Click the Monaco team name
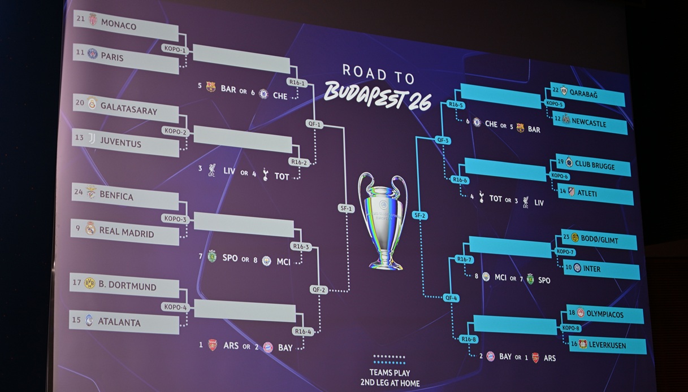click(119, 24)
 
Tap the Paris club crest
click(93, 54)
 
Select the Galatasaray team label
click(129, 108)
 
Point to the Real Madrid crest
click(90, 228)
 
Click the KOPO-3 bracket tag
click(175, 219)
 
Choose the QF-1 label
click(314, 124)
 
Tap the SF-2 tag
click(419, 215)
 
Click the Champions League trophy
click(384, 221)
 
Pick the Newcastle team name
click(589, 123)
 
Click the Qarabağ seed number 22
click(555, 90)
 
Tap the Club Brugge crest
click(569, 162)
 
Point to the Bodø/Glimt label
click(599, 239)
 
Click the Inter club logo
click(577, 268)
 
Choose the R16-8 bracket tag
click(469, 339)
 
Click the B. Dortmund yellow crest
click(90, 283)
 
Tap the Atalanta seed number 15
click(76, 320)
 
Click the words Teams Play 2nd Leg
click(390, 378)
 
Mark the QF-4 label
click(451, 298)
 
